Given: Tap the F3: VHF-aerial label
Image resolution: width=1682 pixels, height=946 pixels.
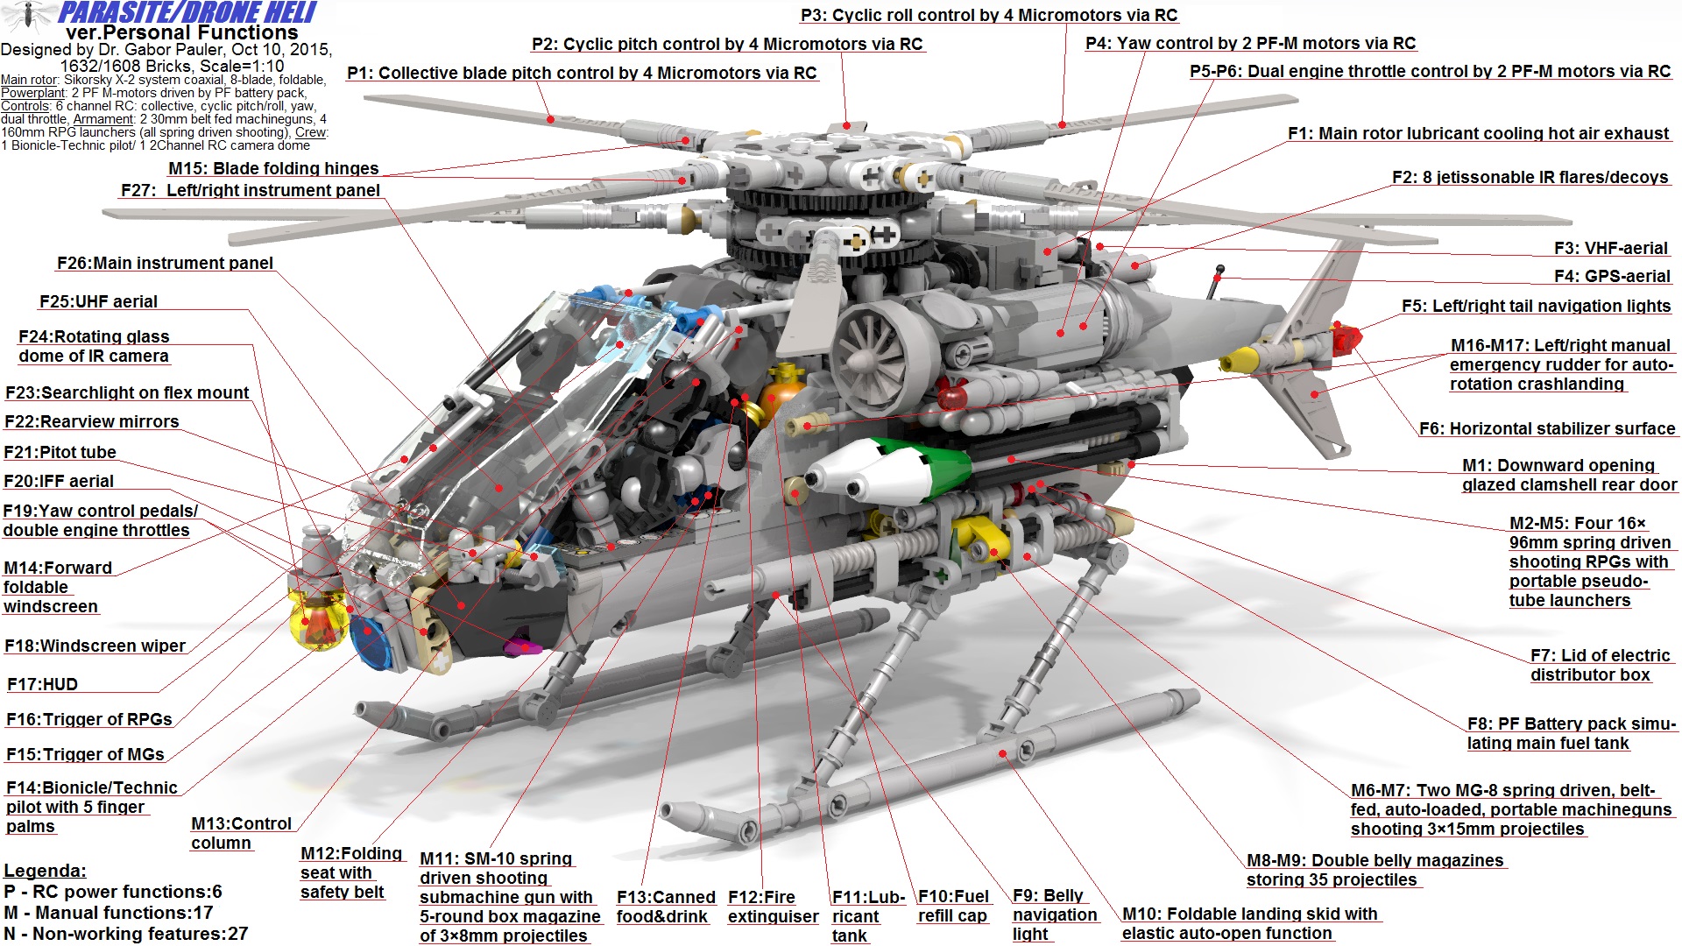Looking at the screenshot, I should pyautogui.click(x=1610, y=248).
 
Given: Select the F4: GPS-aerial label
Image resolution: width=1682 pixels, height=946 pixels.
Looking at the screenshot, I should pyautogui.click(x=1612, y=276).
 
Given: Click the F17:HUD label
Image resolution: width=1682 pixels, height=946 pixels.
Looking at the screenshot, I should pyautogui.click(x=42, y=684).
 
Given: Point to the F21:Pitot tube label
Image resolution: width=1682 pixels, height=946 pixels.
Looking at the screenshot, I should pyautogui.click(x=60, y=452).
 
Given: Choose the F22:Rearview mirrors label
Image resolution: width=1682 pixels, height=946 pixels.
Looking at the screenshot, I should pyautogui.click(x=91, y=421).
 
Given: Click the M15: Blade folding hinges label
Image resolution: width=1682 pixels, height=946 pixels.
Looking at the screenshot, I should pyautogui.click(x=273, y=168).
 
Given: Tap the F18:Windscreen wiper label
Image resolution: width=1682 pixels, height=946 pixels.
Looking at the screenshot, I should pyautogui.click(x=95, y=646).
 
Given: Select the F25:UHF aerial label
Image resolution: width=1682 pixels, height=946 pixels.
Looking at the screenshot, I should pyautogui.click(x=98, y=301).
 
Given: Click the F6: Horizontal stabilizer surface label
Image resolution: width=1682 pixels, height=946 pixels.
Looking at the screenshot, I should pyautogui.click(x=1546, y=428).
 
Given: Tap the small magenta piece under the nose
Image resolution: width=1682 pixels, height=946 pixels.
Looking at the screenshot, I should pyautogui.click(x=524, y=647).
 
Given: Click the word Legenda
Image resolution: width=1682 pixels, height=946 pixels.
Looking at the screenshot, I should pyautogui.click(x=45, y=871).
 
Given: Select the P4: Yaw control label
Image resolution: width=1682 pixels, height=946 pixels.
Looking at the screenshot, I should pyautogui.click(x=1250, y=43).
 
